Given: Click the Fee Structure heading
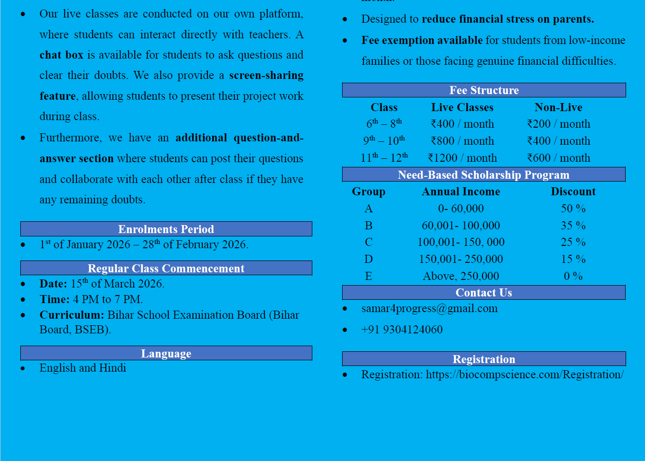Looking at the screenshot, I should tap(484, 90).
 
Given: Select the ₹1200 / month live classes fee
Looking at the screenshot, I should tap(462, 158).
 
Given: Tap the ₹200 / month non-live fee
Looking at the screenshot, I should tap(559, 124).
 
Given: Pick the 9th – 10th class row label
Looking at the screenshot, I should tap(384, 141).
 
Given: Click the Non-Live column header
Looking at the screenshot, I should tap(558, 107).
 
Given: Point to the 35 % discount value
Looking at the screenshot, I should tap(573, 226).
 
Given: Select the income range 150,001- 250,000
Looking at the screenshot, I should tap(461, 259).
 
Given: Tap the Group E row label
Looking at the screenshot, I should tap(369, 276).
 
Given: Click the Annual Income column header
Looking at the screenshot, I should tap(461, 191).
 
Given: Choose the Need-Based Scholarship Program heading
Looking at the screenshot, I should tap(483, 175).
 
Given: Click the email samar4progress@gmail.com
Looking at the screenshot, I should tap(429, 308).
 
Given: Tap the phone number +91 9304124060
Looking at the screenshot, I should tap(402, 330).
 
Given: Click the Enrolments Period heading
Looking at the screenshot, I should tap(166, 229).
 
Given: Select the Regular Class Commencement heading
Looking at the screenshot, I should tap(166, 269).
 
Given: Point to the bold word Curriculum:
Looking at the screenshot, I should tap(71, 315).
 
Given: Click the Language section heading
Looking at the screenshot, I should tap(166, 354).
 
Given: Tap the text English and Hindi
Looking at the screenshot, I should tap(83, 368).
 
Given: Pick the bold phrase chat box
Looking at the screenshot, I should tap(61, 55).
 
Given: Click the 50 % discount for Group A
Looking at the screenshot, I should tap(573, 209).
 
